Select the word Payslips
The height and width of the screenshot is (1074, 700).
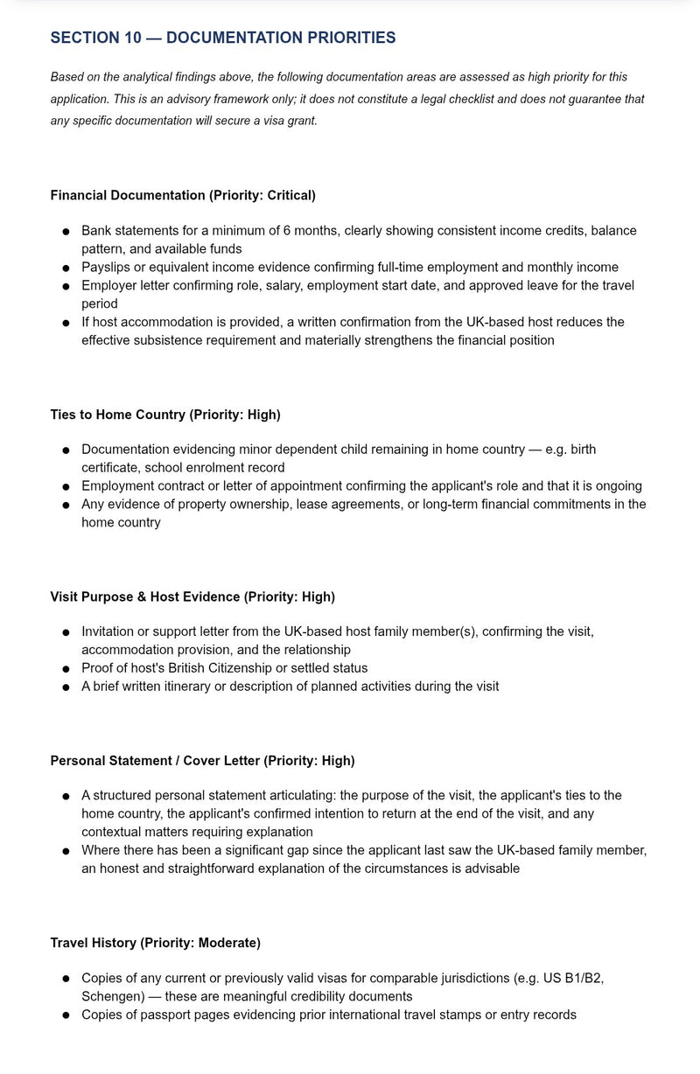107,268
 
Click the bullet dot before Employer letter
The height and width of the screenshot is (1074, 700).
66,287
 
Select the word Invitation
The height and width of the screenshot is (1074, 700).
110,631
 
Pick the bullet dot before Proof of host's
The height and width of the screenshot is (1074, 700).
66,669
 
